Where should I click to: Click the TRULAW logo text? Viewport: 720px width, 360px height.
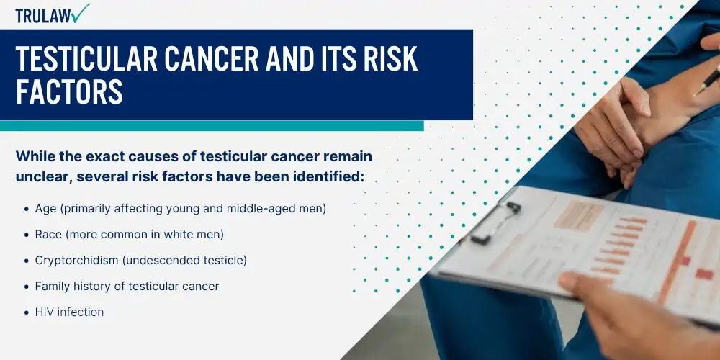(x=43, y=16)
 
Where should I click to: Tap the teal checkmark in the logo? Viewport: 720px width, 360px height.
(x=81, y=13)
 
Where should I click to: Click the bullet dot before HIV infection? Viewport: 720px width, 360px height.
(x=26, y=312)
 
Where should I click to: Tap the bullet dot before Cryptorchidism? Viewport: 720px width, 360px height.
(x=26, y=261)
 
